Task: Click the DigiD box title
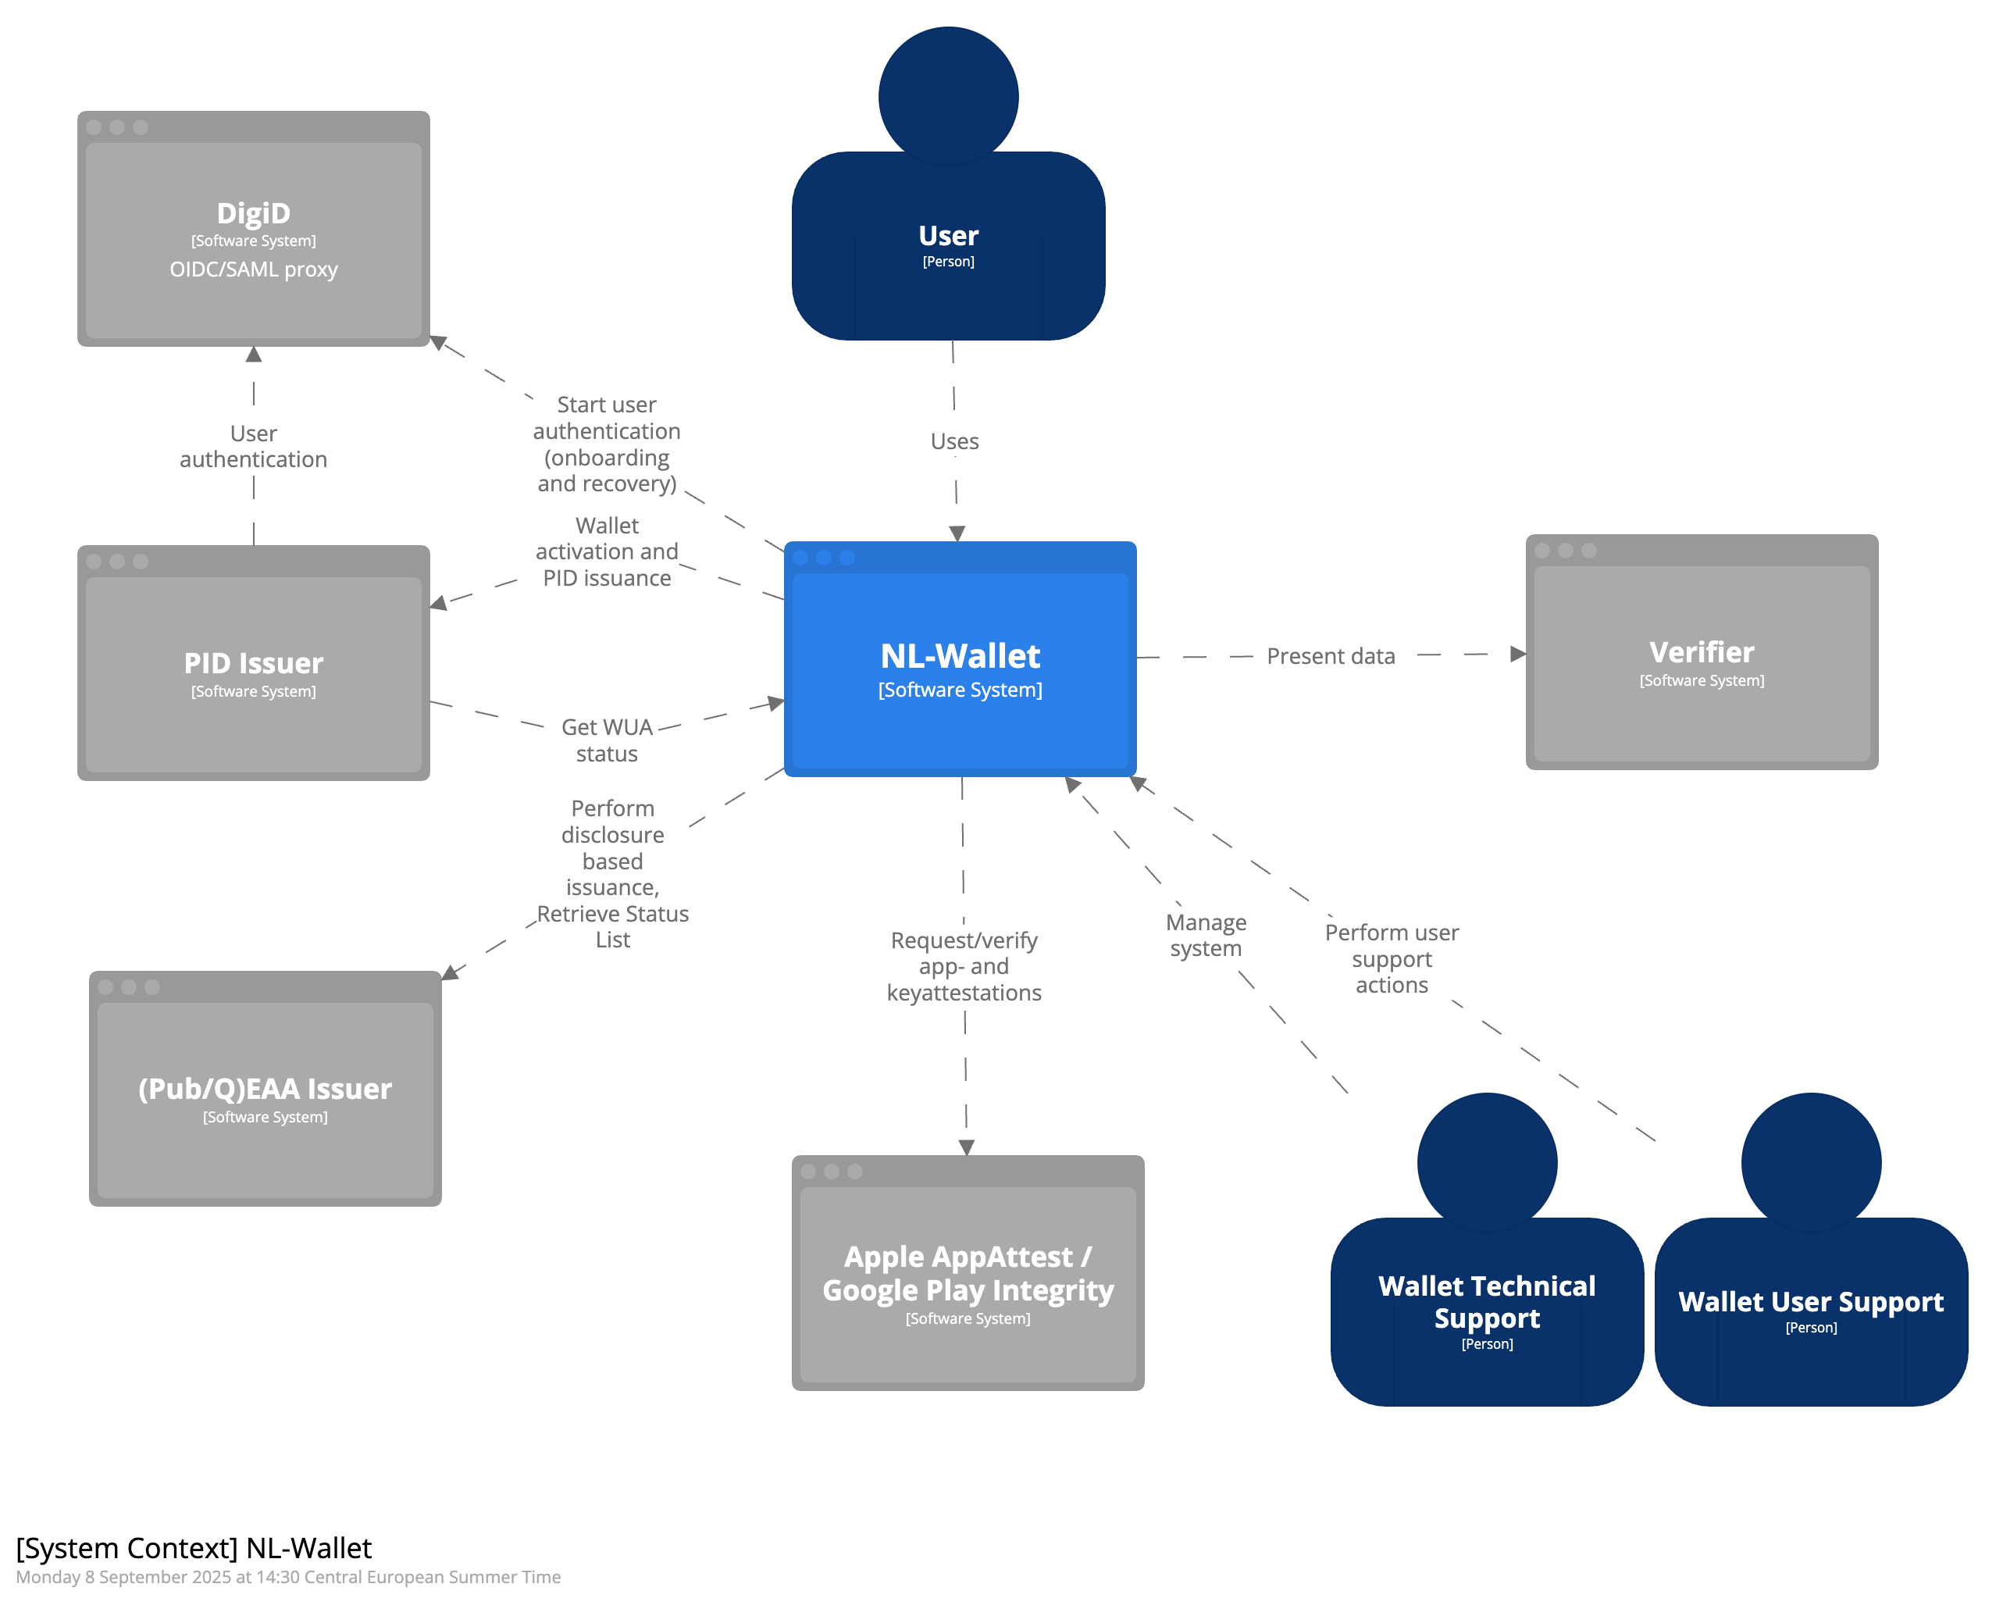[253, 212]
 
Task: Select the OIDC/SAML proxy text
[253, 269]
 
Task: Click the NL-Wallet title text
[960, 656]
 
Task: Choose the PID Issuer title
[253, 663]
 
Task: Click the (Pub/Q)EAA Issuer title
[265, 1089]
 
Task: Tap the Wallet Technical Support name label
[1487, 1302]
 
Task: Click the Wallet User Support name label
[1811, 1302]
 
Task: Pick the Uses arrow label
[954, 441]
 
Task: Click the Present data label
[1331, 656]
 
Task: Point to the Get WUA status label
[607, 740]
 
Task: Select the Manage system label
[1206, 936]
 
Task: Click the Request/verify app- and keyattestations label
[964, 966]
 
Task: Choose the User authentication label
[253, 447]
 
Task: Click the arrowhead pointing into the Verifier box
[1518, 654]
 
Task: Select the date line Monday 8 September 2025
[288, 1577]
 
